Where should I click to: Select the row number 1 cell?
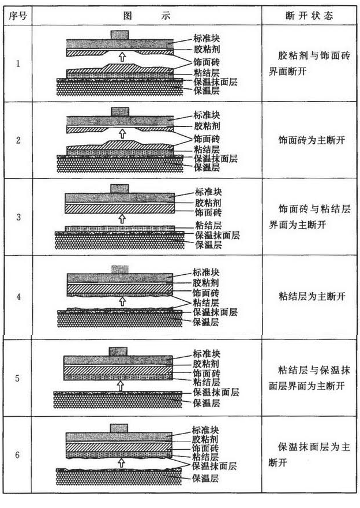click(17, 63)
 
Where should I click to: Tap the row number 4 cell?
click(17, 297)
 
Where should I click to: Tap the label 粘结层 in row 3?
click(207, 226)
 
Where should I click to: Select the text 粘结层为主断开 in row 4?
click(312, 297)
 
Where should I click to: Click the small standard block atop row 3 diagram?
click(119, 188)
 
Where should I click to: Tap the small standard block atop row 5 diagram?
click(118, 352)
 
